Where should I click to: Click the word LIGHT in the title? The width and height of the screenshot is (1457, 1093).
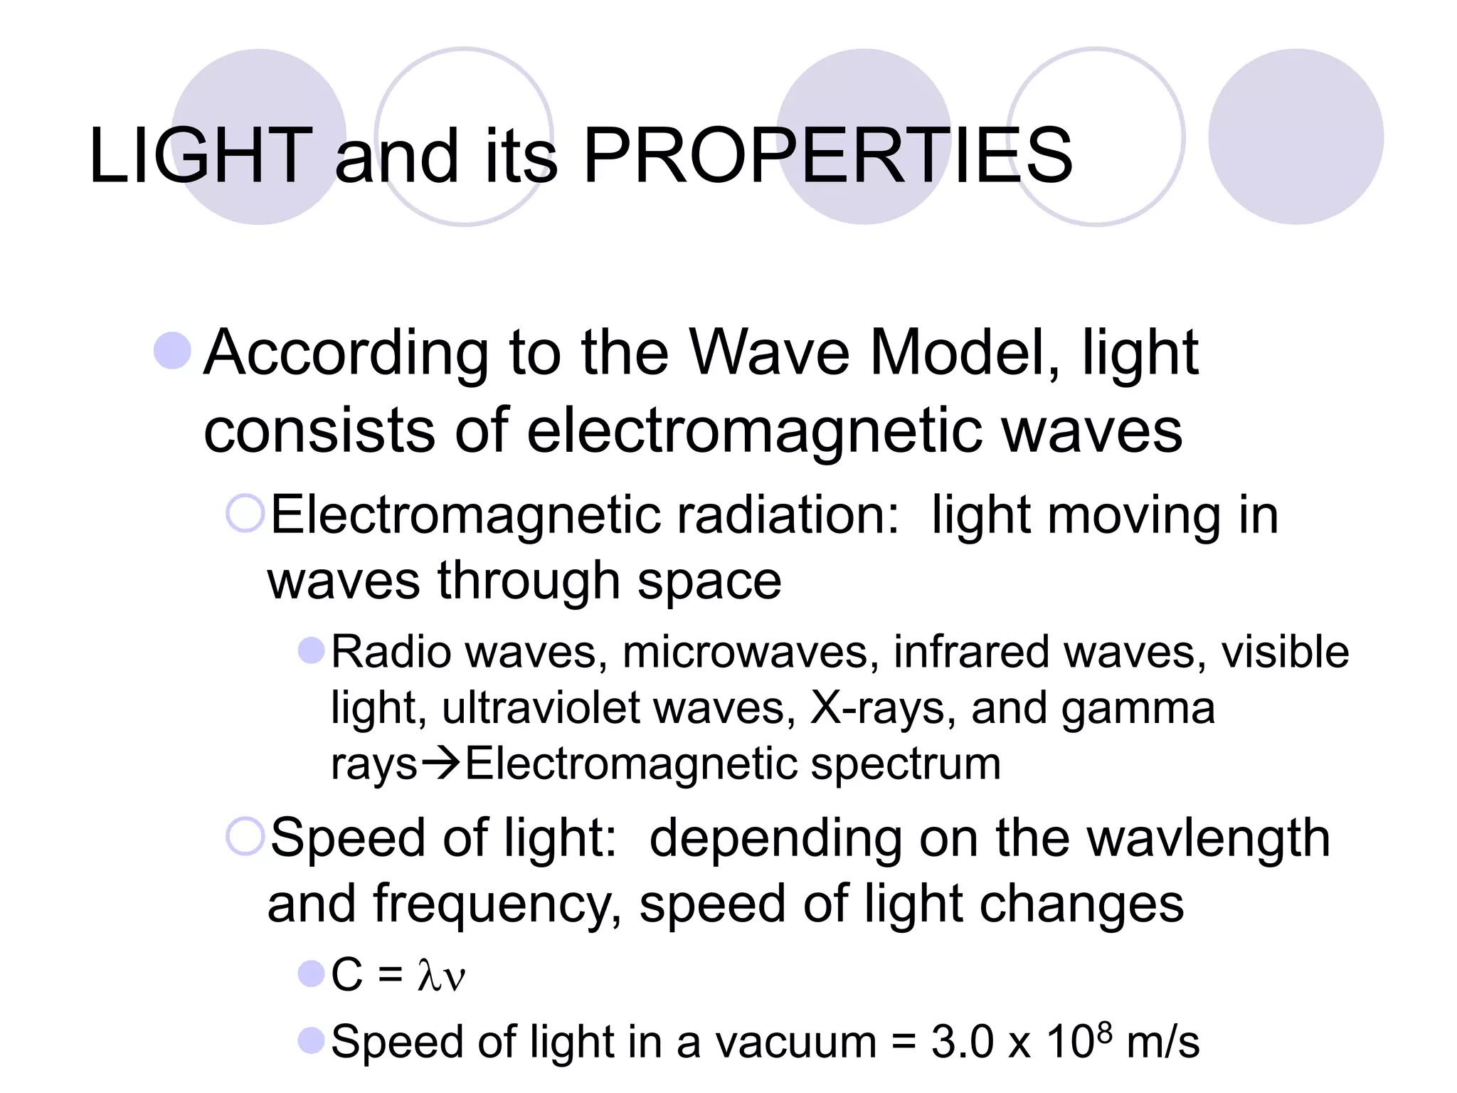200,155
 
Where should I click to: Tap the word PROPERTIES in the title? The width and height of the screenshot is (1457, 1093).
827,155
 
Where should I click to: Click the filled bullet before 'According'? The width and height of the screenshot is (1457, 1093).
173,351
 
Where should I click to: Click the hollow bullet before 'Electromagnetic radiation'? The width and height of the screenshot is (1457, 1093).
245,512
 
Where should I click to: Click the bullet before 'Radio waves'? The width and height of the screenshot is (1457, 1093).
311,650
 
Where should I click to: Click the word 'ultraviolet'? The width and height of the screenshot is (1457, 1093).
541,708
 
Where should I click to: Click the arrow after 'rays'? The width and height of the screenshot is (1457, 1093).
441,764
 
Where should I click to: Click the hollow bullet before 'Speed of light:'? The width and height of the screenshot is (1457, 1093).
245,836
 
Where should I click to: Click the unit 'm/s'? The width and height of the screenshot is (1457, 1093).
1163,1042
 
